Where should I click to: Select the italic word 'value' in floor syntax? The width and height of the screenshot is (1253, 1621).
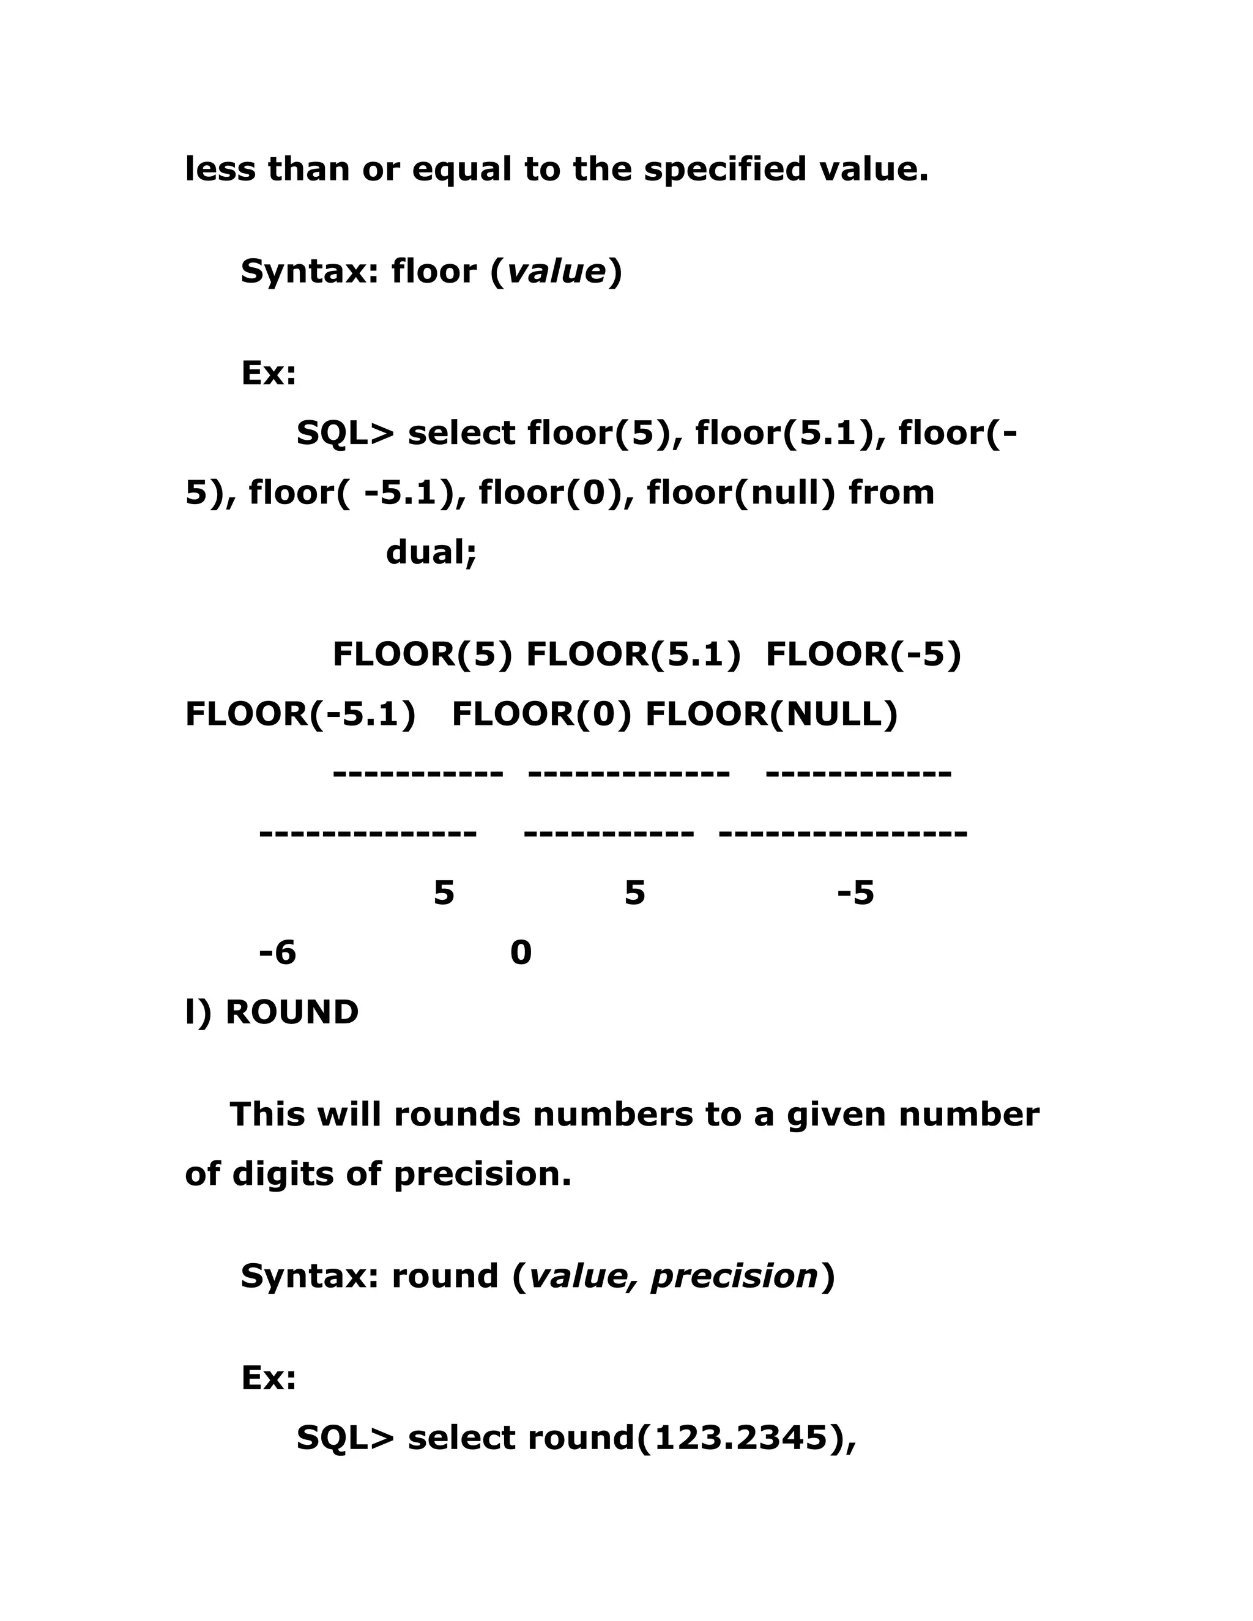(x=556, y=272)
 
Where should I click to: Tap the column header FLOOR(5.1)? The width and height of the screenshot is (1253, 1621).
(x=633, y=655)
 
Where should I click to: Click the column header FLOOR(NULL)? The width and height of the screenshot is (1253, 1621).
(x=772, y=714)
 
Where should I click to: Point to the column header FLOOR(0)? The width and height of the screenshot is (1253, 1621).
(x=541, y=714)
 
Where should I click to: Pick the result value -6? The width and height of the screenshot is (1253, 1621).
(x=277, y=953)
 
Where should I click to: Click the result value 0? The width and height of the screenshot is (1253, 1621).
(x=521, y=953)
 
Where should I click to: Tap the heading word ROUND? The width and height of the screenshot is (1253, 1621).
(x=292, y=1012)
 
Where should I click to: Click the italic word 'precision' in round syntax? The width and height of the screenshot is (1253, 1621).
(x=734, y=1277)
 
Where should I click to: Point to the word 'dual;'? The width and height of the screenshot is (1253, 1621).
(x=431, y=553)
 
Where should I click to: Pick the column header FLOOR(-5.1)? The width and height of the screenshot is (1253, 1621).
(x=300, y=714)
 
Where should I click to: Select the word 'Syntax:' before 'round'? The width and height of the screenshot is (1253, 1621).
(x=310, y=1277)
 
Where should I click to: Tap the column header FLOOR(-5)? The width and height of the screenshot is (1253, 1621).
(x=863, y=655)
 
